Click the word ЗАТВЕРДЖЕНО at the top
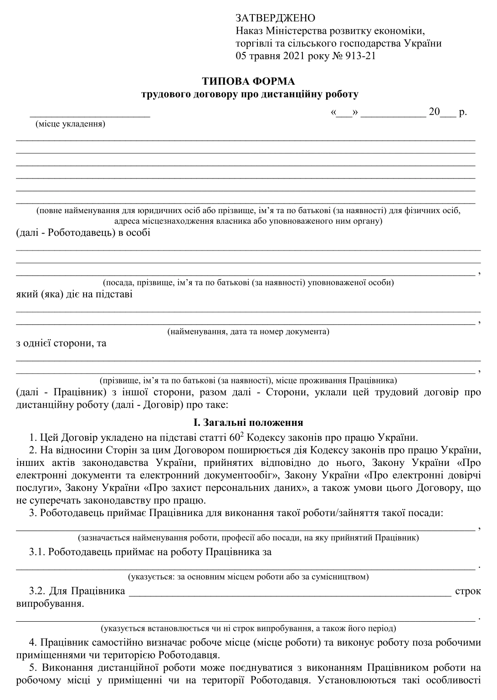pos(275,18)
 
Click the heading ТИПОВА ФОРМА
pos(248,82)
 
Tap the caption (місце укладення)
pos(70,124)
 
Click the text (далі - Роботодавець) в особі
pos(83,233)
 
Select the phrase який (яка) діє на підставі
pos(74,294)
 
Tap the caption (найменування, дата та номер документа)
pos(248,332)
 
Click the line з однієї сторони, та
pos(61,343)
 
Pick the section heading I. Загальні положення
pos(248,423)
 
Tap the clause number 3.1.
pos(37,552)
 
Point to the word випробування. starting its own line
pos(50,604)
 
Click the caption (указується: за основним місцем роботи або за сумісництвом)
pos(248,577)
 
